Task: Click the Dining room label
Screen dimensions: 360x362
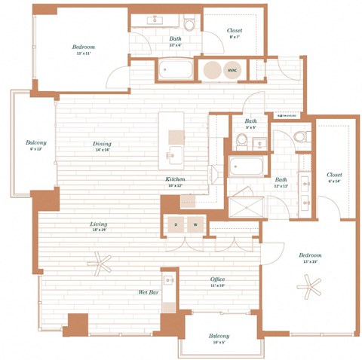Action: [102, 144]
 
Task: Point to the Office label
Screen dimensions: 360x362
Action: [217, 279]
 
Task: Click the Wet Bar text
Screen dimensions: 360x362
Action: [146, 291]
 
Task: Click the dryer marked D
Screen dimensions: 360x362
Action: [176, 224]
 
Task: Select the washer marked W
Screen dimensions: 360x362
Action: [195, 224]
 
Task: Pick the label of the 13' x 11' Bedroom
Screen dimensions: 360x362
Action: [84, 48]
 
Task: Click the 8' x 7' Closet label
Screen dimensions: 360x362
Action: [235, 31]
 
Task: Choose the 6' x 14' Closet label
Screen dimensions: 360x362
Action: [334, 175]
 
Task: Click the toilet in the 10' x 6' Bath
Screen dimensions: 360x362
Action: [189, 25]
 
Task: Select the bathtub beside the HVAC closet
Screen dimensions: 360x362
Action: [176, 71]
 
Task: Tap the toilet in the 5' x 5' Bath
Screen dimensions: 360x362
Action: [301, 137]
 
